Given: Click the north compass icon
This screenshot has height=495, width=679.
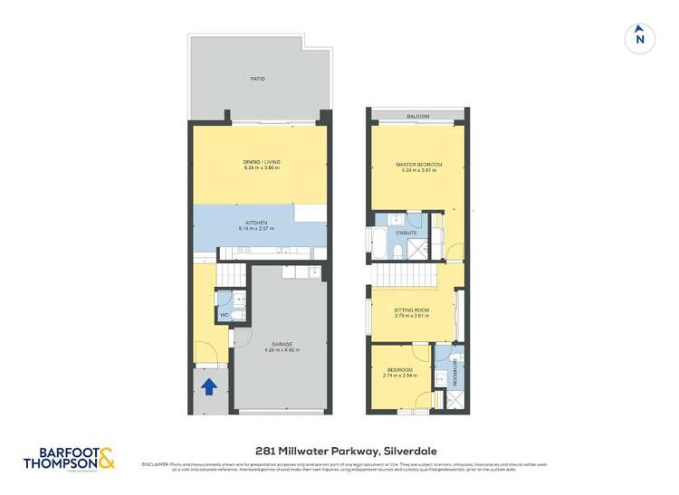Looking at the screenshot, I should [640, 38].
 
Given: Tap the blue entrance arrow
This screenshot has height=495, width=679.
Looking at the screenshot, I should [208, 387].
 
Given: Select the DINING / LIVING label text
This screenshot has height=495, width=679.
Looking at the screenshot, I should [261, 162].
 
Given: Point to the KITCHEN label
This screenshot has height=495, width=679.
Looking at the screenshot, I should [257, 223].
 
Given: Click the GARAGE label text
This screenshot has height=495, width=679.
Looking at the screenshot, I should [281, 344].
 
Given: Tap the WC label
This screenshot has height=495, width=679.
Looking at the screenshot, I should [224, 315].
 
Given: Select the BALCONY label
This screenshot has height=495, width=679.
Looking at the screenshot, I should [417, 118].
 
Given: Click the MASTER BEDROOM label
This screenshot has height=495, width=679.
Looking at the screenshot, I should [418, 164].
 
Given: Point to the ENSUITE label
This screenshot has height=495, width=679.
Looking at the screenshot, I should [407, 233].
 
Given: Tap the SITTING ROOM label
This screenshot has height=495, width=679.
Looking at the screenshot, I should [411, 309].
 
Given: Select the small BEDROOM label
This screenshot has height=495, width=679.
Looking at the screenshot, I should [400, 370].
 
